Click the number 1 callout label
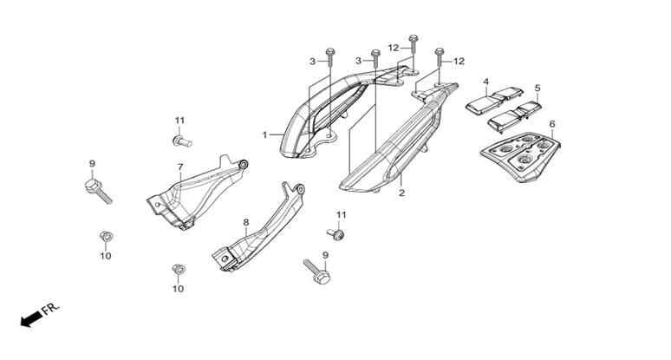[x=265, y=134]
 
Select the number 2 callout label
[x=401, y=193]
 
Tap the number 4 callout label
[x=485, y=82]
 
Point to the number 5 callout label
[x=537, y=88]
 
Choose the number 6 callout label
[x=552, y=124]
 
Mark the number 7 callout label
[x=180, y=167]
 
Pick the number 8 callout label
[x=246, y=222]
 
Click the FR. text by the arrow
[x=50, y=309]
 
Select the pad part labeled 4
[x=494, y=101]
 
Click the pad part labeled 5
[x=515, y=115]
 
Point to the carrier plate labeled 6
[x=521, y=156]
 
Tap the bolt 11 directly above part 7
[x=182, y=141]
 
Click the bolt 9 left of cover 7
[x=99, y=192]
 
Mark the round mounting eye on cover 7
[x=244, y=165]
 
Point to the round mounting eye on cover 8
[x=301, y=189]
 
